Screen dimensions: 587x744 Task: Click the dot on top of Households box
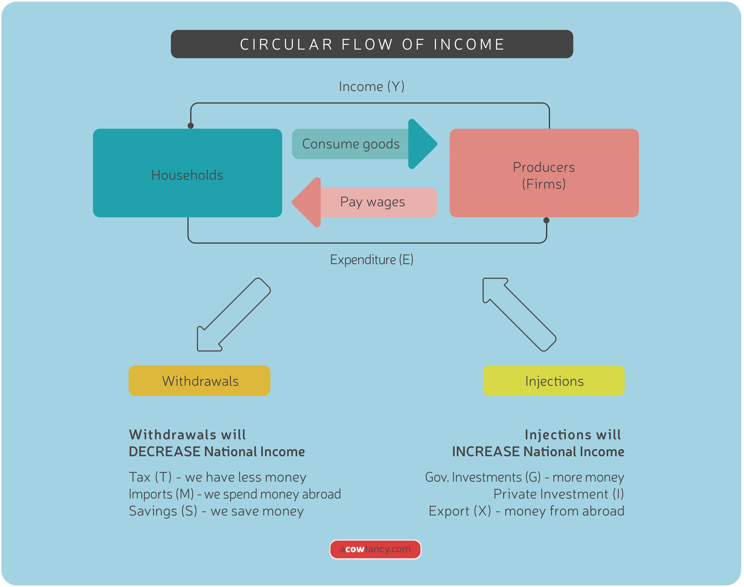click(x=191, y=126)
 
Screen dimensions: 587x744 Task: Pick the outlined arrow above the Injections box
click(x=519, y=314)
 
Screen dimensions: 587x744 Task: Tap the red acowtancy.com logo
click(x=375, y=549)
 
